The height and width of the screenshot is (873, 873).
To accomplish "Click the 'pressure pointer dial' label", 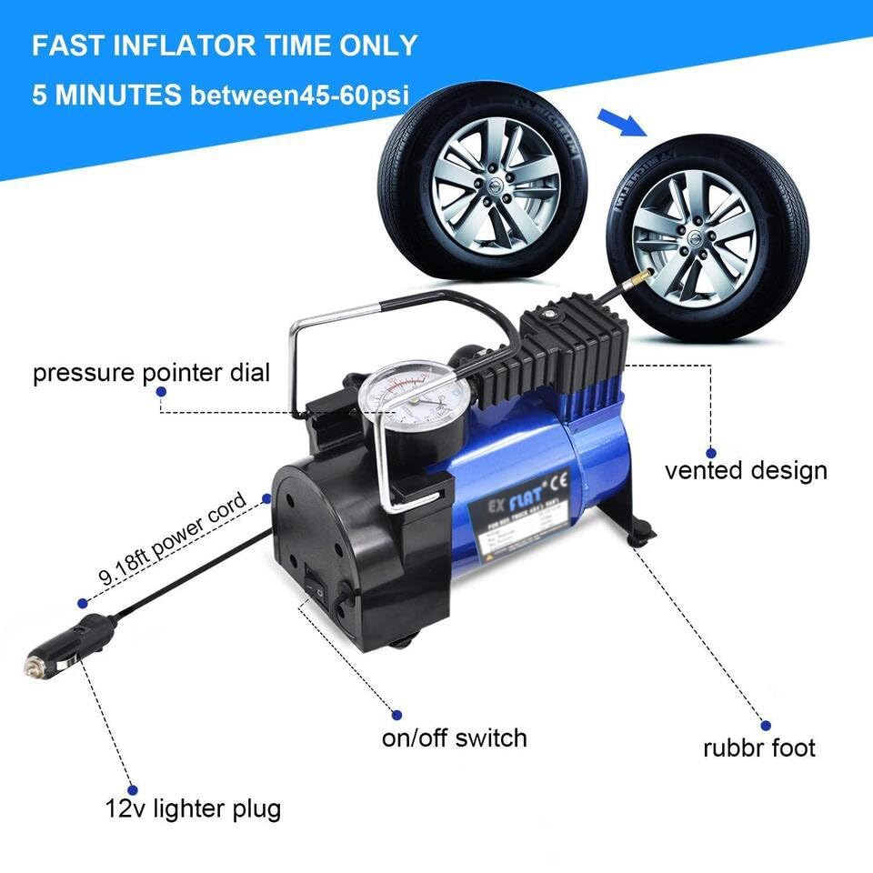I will pos(151,373).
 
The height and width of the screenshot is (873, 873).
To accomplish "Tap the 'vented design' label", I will pos(746,470).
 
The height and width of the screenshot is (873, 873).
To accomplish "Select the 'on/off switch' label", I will pos(454,737).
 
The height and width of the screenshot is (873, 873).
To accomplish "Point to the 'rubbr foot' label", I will pos(759,748).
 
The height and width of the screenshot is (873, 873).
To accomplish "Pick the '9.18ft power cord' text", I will pos(173,538).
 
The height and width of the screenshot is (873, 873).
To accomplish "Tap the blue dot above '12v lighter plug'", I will pos(133,790).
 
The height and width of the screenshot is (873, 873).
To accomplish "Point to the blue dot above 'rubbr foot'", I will pos(758,725).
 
